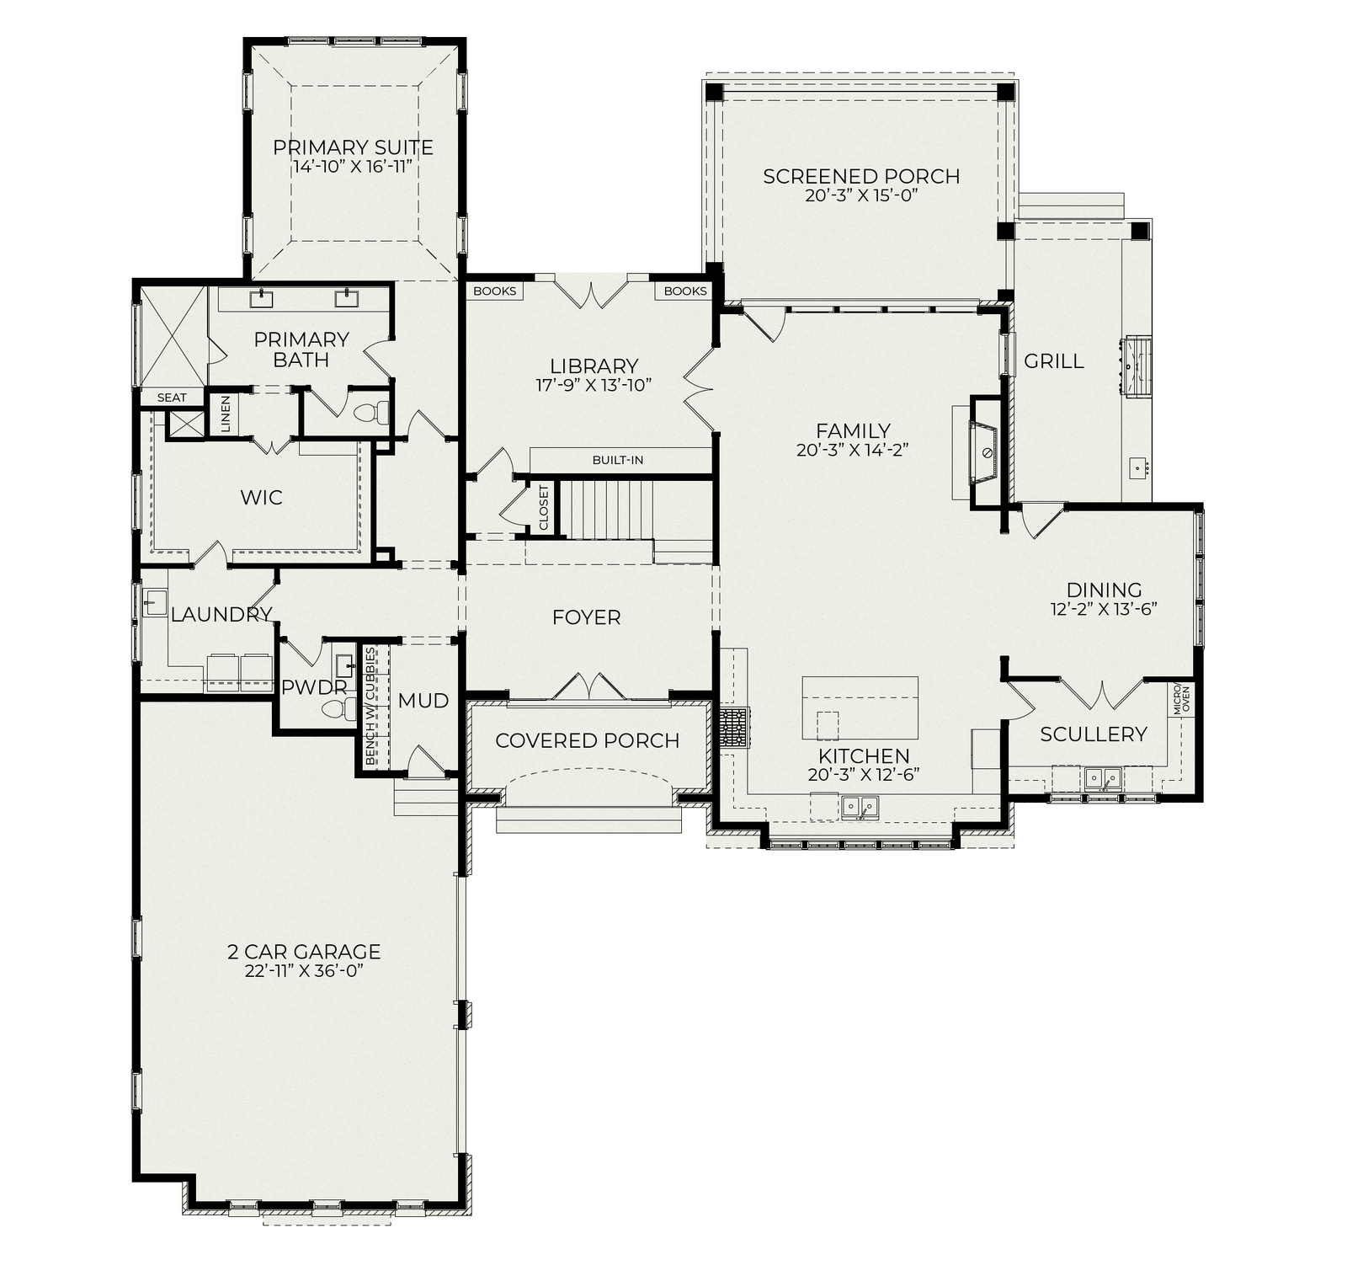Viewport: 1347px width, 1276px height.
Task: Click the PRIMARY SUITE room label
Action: click(x=353, y=147)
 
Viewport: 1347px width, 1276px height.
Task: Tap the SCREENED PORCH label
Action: click(x=861, y=176)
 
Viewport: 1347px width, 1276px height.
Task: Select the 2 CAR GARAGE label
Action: click(x=304, y=952)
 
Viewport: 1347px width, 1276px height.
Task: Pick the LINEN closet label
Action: click(x=226, y=414)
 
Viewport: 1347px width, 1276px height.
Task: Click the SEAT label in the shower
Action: click(x=173, y=398)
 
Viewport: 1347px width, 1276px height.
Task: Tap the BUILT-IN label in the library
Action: click(x=618, y=460)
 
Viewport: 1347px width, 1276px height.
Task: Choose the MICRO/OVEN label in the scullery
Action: click(x=1182, y=698)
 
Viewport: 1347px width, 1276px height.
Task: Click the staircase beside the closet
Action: click(x=607, y=509)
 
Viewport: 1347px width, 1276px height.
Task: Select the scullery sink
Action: click(x=1103, y=777)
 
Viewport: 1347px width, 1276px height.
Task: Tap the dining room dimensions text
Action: click(x=1104, y=609)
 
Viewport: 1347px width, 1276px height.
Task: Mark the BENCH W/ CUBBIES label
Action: click(x=371, y=707)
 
